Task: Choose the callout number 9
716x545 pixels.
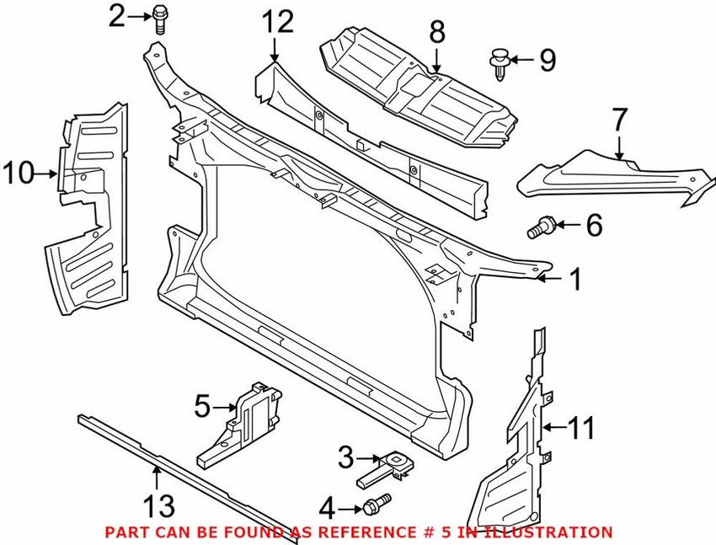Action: pyautogui.click(x=548, y=61)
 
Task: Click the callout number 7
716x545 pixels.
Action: pyautogui.click(x=619, y=120)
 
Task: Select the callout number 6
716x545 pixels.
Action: pyautogui.click(x=594, y=225)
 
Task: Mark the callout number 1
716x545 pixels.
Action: pyautogui.click(x=574, y=280)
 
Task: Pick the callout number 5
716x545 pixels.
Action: pyautogui.click(x=201, y=407)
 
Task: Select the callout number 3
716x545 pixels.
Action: pyautogui.click(x=345, y=458)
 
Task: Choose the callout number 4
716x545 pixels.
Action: pyautogui.click(x=327, y=507)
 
